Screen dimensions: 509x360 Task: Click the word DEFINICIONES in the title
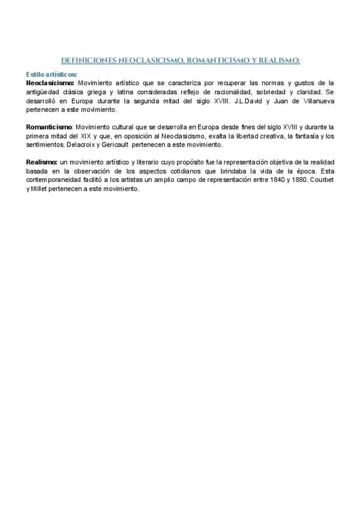(x=88, y=60)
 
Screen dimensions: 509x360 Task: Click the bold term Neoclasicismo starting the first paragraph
(x=50, y=82)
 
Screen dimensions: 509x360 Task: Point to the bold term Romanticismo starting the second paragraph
(x=49, y=127)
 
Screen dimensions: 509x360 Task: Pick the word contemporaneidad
(x=56, y=181)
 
